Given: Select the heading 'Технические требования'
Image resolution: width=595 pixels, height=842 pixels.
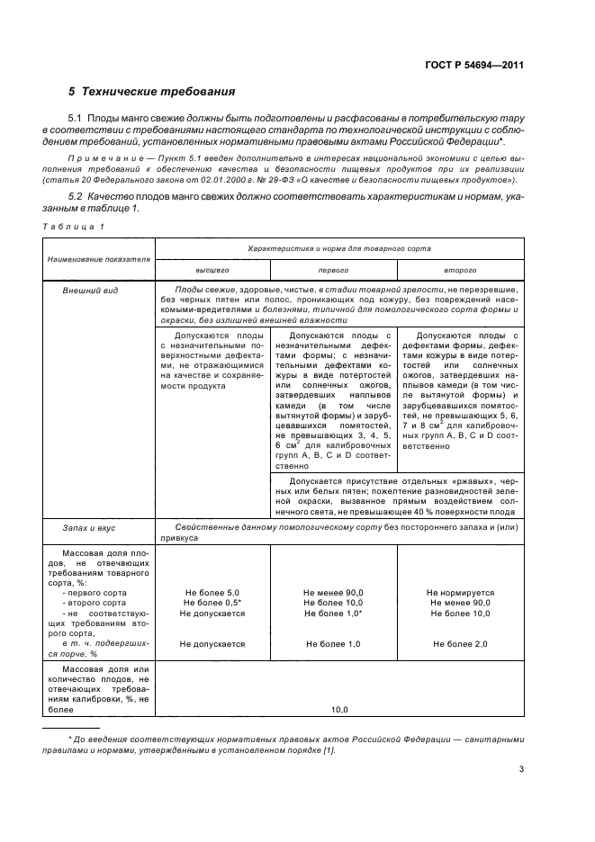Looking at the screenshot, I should pos(158,92).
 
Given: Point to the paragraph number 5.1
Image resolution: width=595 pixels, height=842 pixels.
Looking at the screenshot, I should pos(76,119).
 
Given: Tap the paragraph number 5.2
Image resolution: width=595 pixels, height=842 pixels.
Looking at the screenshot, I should pos(76,196).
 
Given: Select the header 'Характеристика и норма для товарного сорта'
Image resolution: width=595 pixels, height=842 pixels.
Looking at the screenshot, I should pos(338,247).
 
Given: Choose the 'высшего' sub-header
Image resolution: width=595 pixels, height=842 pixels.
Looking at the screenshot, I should pos(212,270).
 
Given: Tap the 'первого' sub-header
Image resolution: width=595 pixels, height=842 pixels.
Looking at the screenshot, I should pos(332,270).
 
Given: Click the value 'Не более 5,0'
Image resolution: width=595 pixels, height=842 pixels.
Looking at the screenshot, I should pos(212,592).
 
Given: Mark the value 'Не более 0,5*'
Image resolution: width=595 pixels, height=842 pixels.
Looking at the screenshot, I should pos(212,602).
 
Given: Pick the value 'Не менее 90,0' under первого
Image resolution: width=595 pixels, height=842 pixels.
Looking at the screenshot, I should pos(332,592).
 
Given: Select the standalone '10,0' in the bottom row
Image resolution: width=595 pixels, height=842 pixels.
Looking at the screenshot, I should pos(338,710).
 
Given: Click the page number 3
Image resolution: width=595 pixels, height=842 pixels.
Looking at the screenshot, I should pos(521,768).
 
